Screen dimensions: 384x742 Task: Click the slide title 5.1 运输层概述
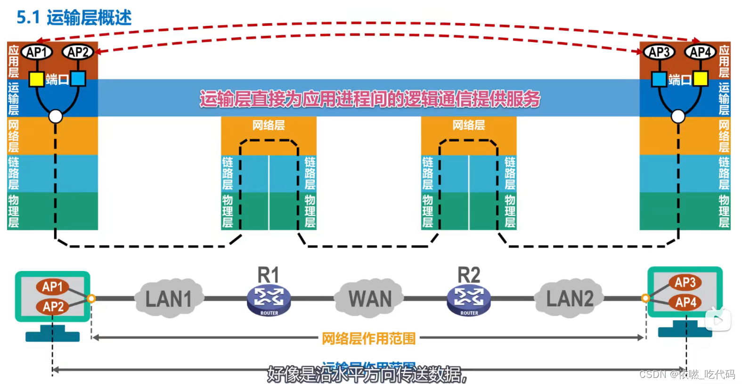[x=74, y=17]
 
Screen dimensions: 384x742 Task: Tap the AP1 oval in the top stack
[x=36, y=52]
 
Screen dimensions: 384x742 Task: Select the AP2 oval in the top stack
[x=78, y=52]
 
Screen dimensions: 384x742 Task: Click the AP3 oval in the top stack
[x=659, y=52]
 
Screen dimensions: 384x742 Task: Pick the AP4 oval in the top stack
[x=701, y=52]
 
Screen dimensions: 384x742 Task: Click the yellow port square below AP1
[x=36, y=79]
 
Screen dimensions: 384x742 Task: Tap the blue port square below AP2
[x=78, y=79]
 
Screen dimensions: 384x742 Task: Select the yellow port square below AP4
[x=701, y=79]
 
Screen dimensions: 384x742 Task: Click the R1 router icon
[x=269, y=300]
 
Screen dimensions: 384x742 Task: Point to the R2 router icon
[x=469, y=300]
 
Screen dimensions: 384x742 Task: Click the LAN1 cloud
[x=169, y=299]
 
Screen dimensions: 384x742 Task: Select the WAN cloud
[x=370, y=299]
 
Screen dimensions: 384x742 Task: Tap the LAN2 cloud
[x=570, y=299]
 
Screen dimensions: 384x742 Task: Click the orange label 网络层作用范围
[x=369, y=338]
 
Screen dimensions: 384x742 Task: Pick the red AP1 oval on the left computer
[x=52, y=286]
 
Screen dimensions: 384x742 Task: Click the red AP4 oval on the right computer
[x=685, y=302]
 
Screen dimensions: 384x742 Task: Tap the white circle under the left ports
[x=56, y=116]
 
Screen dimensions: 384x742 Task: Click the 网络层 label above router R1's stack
[x=269, y=125]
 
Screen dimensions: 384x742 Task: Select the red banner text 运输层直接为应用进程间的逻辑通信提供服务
[x=370, y=99]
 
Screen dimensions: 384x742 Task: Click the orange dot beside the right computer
[x=645, y=298]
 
